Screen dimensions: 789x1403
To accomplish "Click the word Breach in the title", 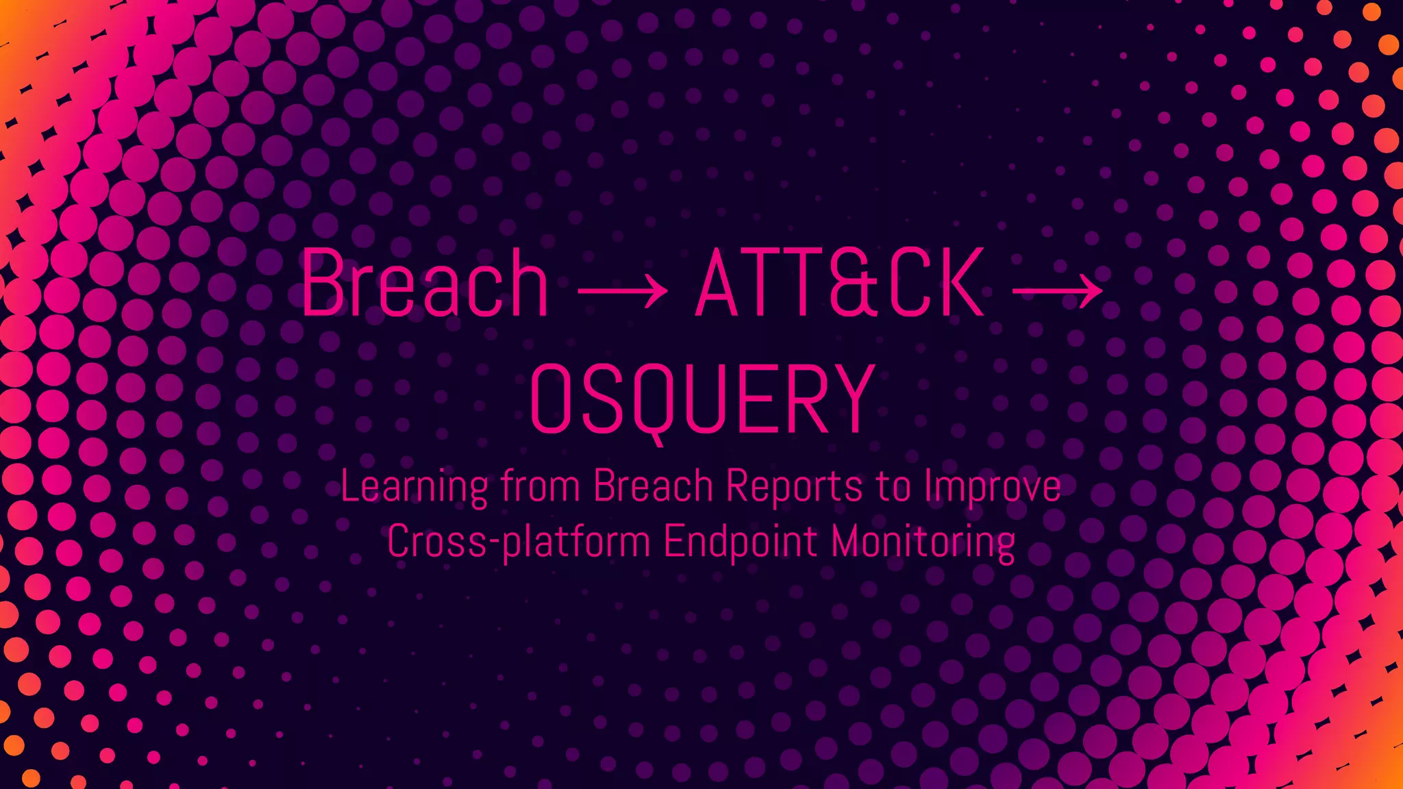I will click(425, 284).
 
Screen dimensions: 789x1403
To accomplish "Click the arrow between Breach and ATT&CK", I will click(622, 290).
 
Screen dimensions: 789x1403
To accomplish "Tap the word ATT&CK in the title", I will click(840, 284).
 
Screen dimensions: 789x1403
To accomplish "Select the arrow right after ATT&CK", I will click(1057, 290).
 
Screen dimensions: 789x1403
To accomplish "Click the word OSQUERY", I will click(702, 399).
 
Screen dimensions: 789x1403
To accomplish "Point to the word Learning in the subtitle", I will click(414, 487).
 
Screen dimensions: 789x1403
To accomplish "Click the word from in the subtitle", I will click(541, 486).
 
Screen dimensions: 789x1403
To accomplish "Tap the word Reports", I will click(794, 487).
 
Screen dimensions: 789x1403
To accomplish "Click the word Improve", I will click(993, 487).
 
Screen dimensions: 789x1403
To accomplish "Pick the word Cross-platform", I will click(519, 542).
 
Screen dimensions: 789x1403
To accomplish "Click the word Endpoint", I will click(741, 542).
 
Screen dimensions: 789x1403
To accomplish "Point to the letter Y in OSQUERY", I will click(850, 399).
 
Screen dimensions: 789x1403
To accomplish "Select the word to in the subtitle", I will click(893, 487).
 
